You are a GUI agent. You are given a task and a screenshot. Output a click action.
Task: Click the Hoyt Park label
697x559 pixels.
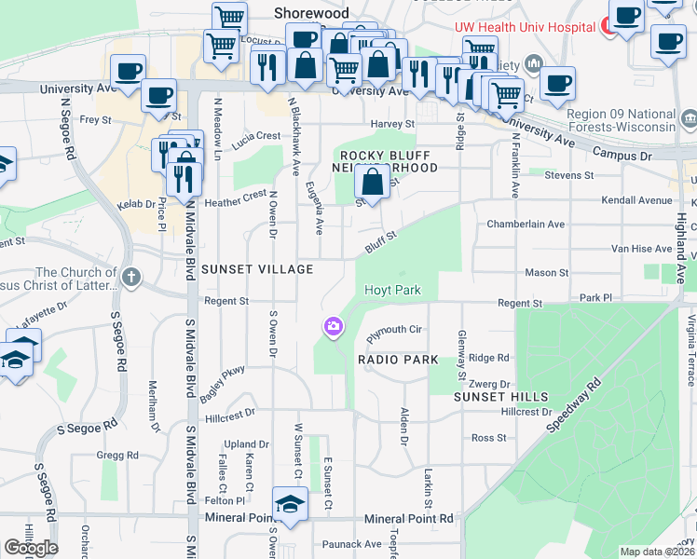pyautogui.click(x=392, y=290)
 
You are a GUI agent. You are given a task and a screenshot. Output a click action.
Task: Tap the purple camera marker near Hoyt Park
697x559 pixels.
pyautogui.click(x=333, y=326)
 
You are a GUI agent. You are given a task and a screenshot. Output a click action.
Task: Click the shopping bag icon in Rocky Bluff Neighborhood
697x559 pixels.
pyautogui.click(x=372, y=183)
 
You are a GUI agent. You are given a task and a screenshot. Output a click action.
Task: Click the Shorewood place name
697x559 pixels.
pyautogui.click(x=311, y=13)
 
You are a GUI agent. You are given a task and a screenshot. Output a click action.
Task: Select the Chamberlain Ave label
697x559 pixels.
pyautogui.click(x=526, y=225)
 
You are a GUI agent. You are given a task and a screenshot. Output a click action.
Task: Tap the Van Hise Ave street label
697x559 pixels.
pyautogui.click(x=640, y=249)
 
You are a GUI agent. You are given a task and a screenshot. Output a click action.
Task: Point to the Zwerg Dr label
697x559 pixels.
pyautogui.click(x=491, y=383)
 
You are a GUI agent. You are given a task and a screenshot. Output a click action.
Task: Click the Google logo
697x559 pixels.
pyautogui.click(x=32, y=547)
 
